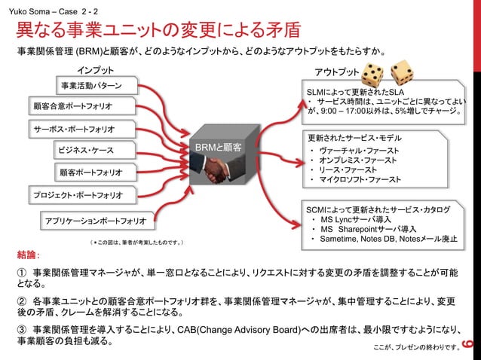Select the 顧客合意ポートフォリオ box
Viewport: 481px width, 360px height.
coord(74,105)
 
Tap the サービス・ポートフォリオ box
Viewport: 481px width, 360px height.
coord(74,128)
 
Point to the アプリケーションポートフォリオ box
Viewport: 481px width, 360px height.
coord(95,221)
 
